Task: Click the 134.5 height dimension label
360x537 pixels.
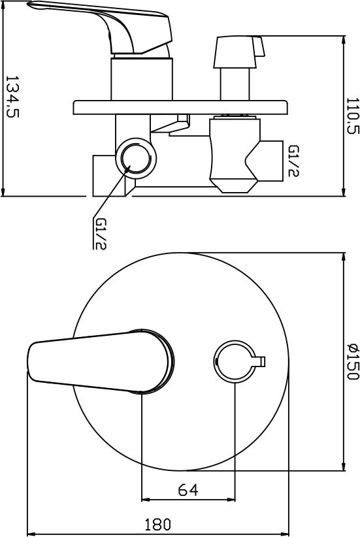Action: click(x=12, y=97)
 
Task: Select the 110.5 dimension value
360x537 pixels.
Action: click(x=353, y=116)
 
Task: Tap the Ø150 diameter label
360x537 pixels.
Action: click(x=353, y=361)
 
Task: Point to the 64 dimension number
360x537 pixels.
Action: click(x=188, y=490)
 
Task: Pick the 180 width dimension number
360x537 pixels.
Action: click(x=157, y=525)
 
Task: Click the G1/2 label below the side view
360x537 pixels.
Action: click(x=100, y=234)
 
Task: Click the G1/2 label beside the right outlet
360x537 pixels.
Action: click(x=293, y=161)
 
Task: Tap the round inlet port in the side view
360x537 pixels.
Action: click(x=136, y=158)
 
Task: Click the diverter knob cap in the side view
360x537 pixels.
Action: click(x=238, y=52)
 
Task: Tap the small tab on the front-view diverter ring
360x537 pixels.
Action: click(x=259, y=361)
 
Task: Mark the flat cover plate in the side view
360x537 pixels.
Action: click(x=180, y=108)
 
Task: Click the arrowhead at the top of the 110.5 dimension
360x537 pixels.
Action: click(x=344, y=39)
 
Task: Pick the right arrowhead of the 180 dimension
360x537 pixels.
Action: click(x=284, y=534)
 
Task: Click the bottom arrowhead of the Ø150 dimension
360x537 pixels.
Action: click(x=344, y=466)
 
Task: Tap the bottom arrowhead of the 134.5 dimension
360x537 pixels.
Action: click(x=3, y=192)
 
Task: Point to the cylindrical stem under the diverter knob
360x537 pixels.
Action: click(x=235, y=84)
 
